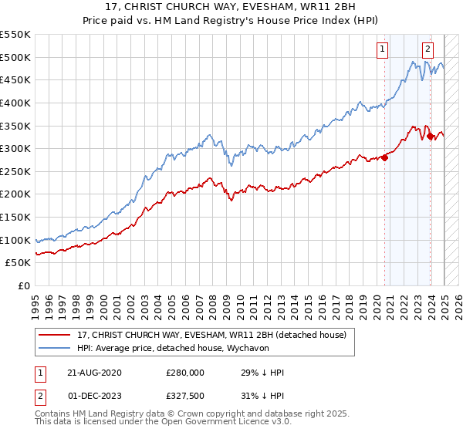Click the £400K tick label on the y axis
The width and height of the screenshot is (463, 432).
15,103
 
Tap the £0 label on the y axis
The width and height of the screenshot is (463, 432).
24,285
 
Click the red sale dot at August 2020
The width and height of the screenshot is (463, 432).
384,158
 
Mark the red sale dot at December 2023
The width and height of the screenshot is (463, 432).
430,137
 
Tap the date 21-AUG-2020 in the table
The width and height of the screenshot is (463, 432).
94,373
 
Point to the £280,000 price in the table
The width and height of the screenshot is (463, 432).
185,373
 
